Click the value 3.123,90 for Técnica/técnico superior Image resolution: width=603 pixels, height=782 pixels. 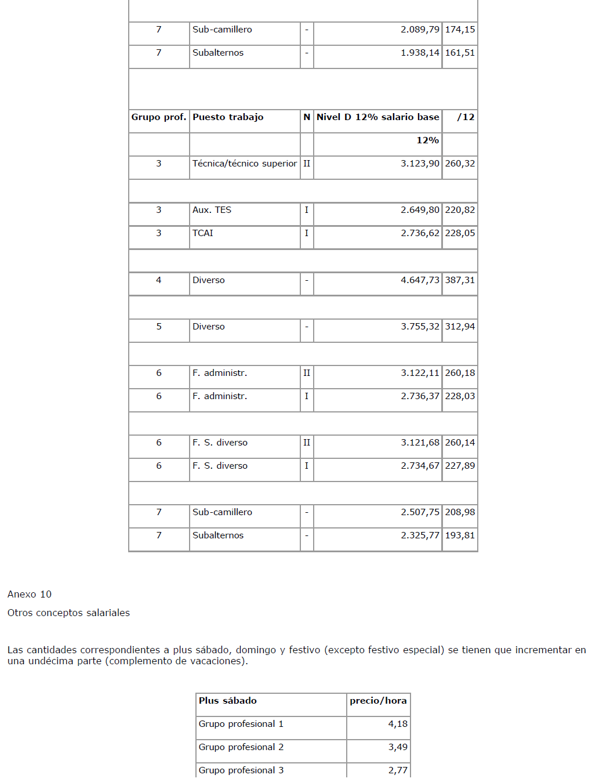coord(420,164)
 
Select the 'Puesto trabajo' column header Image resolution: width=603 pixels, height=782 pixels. coord(228,117)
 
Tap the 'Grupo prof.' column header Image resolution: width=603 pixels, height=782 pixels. coord(159,117)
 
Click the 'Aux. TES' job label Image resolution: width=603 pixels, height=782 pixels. coord(212,210)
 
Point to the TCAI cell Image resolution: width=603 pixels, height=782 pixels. coord(203,233)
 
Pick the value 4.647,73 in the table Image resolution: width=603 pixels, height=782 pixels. coord(420,280)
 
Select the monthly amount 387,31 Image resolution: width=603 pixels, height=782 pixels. coord(460,280)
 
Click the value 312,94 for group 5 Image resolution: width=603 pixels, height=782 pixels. coord(460,327)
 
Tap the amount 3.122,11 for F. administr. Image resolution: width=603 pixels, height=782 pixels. coord(420,373)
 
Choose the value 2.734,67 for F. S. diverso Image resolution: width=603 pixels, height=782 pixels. coord(420,466)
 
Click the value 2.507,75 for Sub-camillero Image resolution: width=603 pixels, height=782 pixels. coord(420,512)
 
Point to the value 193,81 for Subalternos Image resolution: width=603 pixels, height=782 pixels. coord(460,535)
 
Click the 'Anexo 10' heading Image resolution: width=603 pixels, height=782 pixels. coord(30,594)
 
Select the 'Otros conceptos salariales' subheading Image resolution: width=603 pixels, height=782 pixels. coord(68,613)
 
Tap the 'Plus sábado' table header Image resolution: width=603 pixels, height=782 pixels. coord(228,701)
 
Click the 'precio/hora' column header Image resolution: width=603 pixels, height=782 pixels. coord(378,701)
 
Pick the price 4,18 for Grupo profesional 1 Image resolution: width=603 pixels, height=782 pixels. coord(398,724)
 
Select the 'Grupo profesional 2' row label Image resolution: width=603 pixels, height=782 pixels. coord(241,747)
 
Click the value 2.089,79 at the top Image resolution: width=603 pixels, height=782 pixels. coord(420,30)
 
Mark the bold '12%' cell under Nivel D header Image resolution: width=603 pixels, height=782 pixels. coord(427,140)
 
